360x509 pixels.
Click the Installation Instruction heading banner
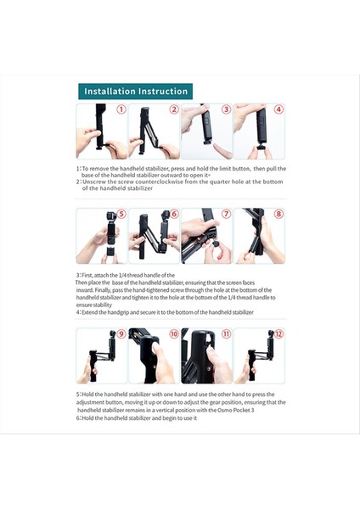click(135, 91)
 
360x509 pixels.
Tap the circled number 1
click(121, 109)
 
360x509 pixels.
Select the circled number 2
click(173, 109)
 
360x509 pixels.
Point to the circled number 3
click(226, 109)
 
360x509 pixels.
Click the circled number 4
click(278, 109)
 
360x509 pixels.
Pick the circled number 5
click(121, 215)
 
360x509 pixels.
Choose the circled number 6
click(173, 215)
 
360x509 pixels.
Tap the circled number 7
click(226, 215)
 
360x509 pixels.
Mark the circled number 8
click(278, 215)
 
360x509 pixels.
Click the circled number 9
click(121, 334)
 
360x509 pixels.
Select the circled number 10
click(173, 334)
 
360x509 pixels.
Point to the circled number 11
click(226, 334)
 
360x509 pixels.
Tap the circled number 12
click(278, 334)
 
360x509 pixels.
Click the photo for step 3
click(206, 131)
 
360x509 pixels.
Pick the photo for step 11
click(206, 355)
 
